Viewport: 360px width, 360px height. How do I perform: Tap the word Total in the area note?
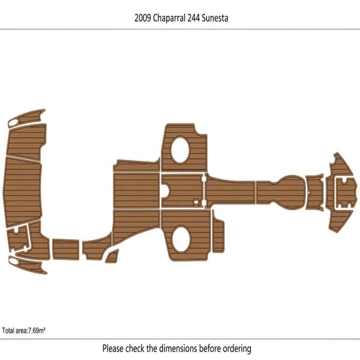(x=8, y=330)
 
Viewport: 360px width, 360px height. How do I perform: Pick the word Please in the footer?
(x=113, y=348)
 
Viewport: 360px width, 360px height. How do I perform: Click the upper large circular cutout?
(x=180, y=150)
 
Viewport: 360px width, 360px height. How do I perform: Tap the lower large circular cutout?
(x=180, y=239)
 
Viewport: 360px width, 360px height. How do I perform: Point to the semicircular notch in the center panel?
(x=166, y=190)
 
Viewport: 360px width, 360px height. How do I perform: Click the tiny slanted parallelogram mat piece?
(x=112, y=256)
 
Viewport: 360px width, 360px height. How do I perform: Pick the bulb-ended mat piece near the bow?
(x=281, y=191)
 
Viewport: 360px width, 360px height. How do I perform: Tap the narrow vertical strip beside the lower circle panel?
(x=217, y=234)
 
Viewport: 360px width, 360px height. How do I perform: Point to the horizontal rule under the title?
(x=180, y=29)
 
